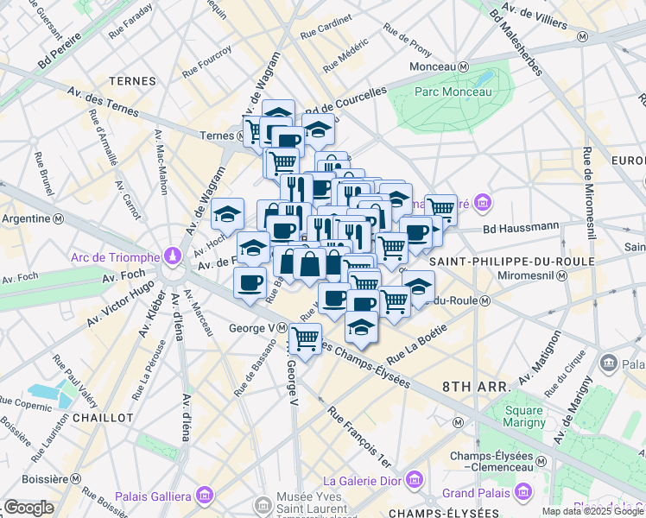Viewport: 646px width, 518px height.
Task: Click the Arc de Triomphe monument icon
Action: point(174,256)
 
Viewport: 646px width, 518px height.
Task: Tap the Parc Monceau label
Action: point(453,92)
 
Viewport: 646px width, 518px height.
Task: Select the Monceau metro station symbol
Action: point(464,67)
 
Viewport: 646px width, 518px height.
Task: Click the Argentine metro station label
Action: point(26,218)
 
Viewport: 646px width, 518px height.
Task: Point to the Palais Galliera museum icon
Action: point(204,496)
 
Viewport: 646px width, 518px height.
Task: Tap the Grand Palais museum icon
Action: point(521,493)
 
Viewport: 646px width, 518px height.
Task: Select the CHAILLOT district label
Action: point(103,417)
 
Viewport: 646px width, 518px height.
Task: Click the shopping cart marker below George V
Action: point(305,338)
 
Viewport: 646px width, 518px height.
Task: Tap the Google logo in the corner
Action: point(28,508)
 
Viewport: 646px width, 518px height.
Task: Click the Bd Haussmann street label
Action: point(518,229)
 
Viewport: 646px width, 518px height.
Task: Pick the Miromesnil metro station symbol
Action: point(562,275)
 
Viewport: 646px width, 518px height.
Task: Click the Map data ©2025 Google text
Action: point(592,511)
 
